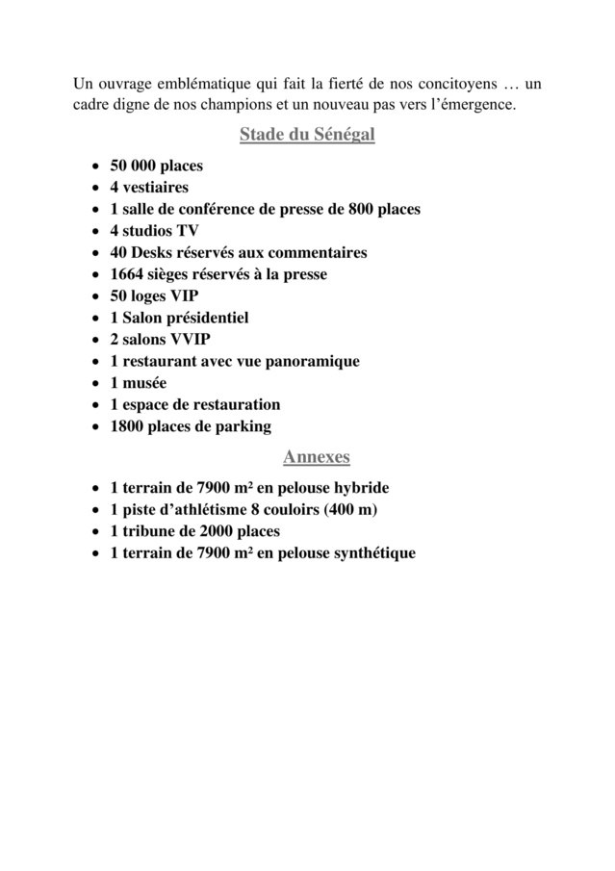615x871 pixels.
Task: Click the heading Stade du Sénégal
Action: (x=307, y=135)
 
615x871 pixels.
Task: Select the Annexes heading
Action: (x=316, y=456)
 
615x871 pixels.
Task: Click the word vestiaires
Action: (x=155, y=187)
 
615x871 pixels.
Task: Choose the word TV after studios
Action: (x=187, y=231)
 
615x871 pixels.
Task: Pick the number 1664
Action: (x=128, y=274)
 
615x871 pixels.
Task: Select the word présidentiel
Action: (x=207, y=318)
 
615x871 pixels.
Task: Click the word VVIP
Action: (x=191, y=340)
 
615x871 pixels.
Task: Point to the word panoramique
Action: (x=311, y=362)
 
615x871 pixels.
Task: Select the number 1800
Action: (x=128, y=426)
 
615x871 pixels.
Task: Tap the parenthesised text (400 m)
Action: (x=355, y=510)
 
